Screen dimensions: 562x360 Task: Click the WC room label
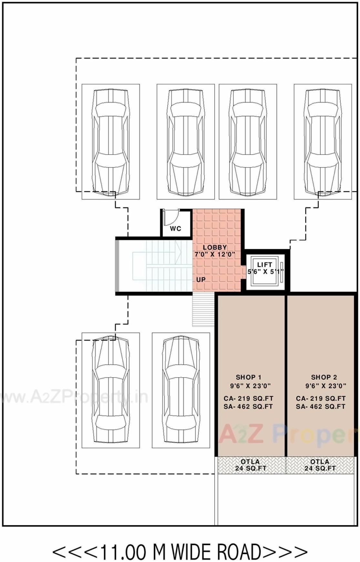175,229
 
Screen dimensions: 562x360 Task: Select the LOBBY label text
215,247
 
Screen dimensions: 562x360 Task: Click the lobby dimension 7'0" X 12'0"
215,254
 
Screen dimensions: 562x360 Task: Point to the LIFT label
264,265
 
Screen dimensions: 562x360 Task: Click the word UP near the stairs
201,280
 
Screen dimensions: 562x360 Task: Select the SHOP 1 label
248,377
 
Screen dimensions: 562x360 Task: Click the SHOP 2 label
324,377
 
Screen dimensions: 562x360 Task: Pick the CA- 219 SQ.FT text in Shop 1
248,398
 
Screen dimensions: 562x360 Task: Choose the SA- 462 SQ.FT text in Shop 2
321,407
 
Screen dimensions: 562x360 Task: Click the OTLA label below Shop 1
250,462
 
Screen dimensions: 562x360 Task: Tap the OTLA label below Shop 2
320,462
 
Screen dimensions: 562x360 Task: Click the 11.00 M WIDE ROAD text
180,552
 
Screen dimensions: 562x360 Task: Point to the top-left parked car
110,141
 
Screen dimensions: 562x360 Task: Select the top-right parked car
323,141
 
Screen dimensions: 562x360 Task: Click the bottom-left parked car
110,390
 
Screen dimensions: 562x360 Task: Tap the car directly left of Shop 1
181,390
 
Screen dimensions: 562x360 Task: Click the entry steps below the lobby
203,310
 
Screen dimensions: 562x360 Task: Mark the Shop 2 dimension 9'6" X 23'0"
326,386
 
